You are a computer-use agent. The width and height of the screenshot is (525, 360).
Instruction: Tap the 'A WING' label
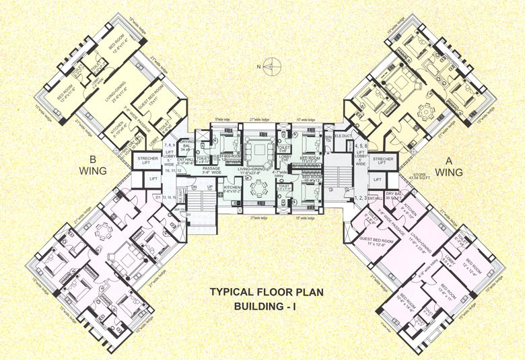pos(449,167)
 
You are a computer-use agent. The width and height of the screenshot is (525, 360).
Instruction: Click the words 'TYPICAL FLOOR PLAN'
pos(262,293)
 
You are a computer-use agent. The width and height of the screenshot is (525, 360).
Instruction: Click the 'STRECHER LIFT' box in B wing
pos(146,161)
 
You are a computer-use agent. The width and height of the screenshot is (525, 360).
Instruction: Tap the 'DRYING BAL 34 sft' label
pos(188,147)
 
